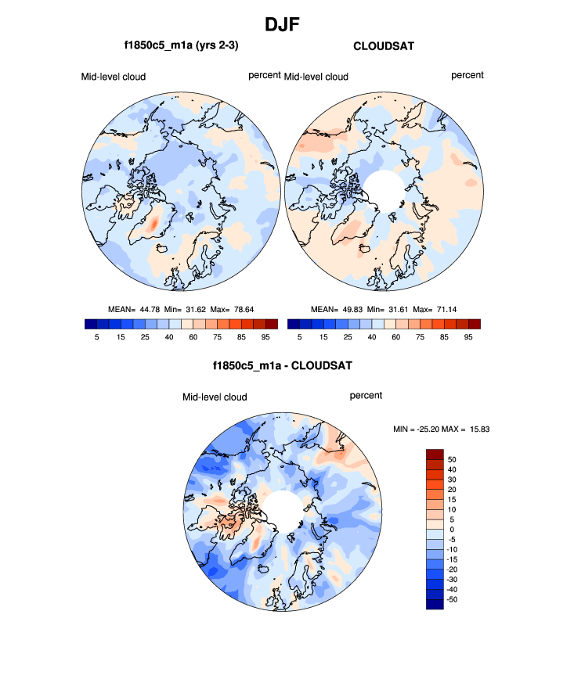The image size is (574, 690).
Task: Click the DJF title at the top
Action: [x=287, y=24]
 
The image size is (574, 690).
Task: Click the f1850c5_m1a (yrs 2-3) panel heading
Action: [x=181, y=47]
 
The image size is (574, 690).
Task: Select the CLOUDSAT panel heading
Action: [x=384, y=47]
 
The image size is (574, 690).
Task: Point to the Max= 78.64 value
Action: [x=243, y=310]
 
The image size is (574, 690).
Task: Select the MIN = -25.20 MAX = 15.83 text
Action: [x=441, y=429]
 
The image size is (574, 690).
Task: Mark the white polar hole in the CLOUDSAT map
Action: [x=384, y=189]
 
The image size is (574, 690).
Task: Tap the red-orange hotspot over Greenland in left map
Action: [x=153, y=223]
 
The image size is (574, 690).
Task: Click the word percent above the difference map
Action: [x=366, y=396]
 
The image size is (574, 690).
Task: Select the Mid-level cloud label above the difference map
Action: [x=215, y=397]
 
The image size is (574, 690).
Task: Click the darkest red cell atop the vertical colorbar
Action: [x=435, y=455]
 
